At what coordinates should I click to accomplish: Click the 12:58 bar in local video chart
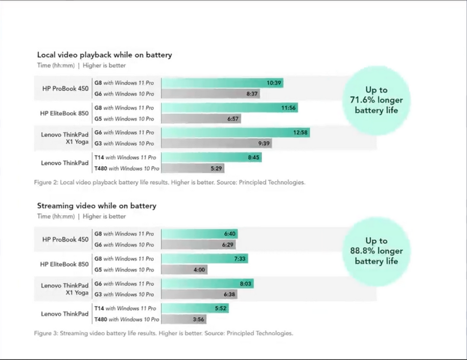coord(236,132)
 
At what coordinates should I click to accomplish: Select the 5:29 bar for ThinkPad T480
coord(193,168)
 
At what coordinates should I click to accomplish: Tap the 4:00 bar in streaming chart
coord(184,269)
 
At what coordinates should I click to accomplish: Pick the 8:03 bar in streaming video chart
coord(207,283)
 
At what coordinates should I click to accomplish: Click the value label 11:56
coord(288,108)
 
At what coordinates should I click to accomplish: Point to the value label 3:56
coord(199,319)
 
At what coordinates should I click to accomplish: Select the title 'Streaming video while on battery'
coord(97,206)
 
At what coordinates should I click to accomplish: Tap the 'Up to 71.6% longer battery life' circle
coord(376,100)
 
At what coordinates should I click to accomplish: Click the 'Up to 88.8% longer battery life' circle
coord(376,251)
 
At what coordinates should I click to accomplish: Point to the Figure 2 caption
coord(170,182)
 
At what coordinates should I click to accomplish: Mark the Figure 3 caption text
coord(164,333)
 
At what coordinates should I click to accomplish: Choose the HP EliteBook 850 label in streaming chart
coord(64,264)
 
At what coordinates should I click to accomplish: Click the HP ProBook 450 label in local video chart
coord(65,88)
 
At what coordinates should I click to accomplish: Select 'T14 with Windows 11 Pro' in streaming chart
coord(125,308)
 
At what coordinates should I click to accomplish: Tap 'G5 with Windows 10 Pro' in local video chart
coord(124,119)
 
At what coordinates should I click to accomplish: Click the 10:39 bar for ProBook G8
coord(222,83)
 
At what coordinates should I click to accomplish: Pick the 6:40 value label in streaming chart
coord(229,234)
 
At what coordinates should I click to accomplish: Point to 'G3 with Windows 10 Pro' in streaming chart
coord(124,295)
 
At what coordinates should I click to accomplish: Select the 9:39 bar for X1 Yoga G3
coord(216,144)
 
